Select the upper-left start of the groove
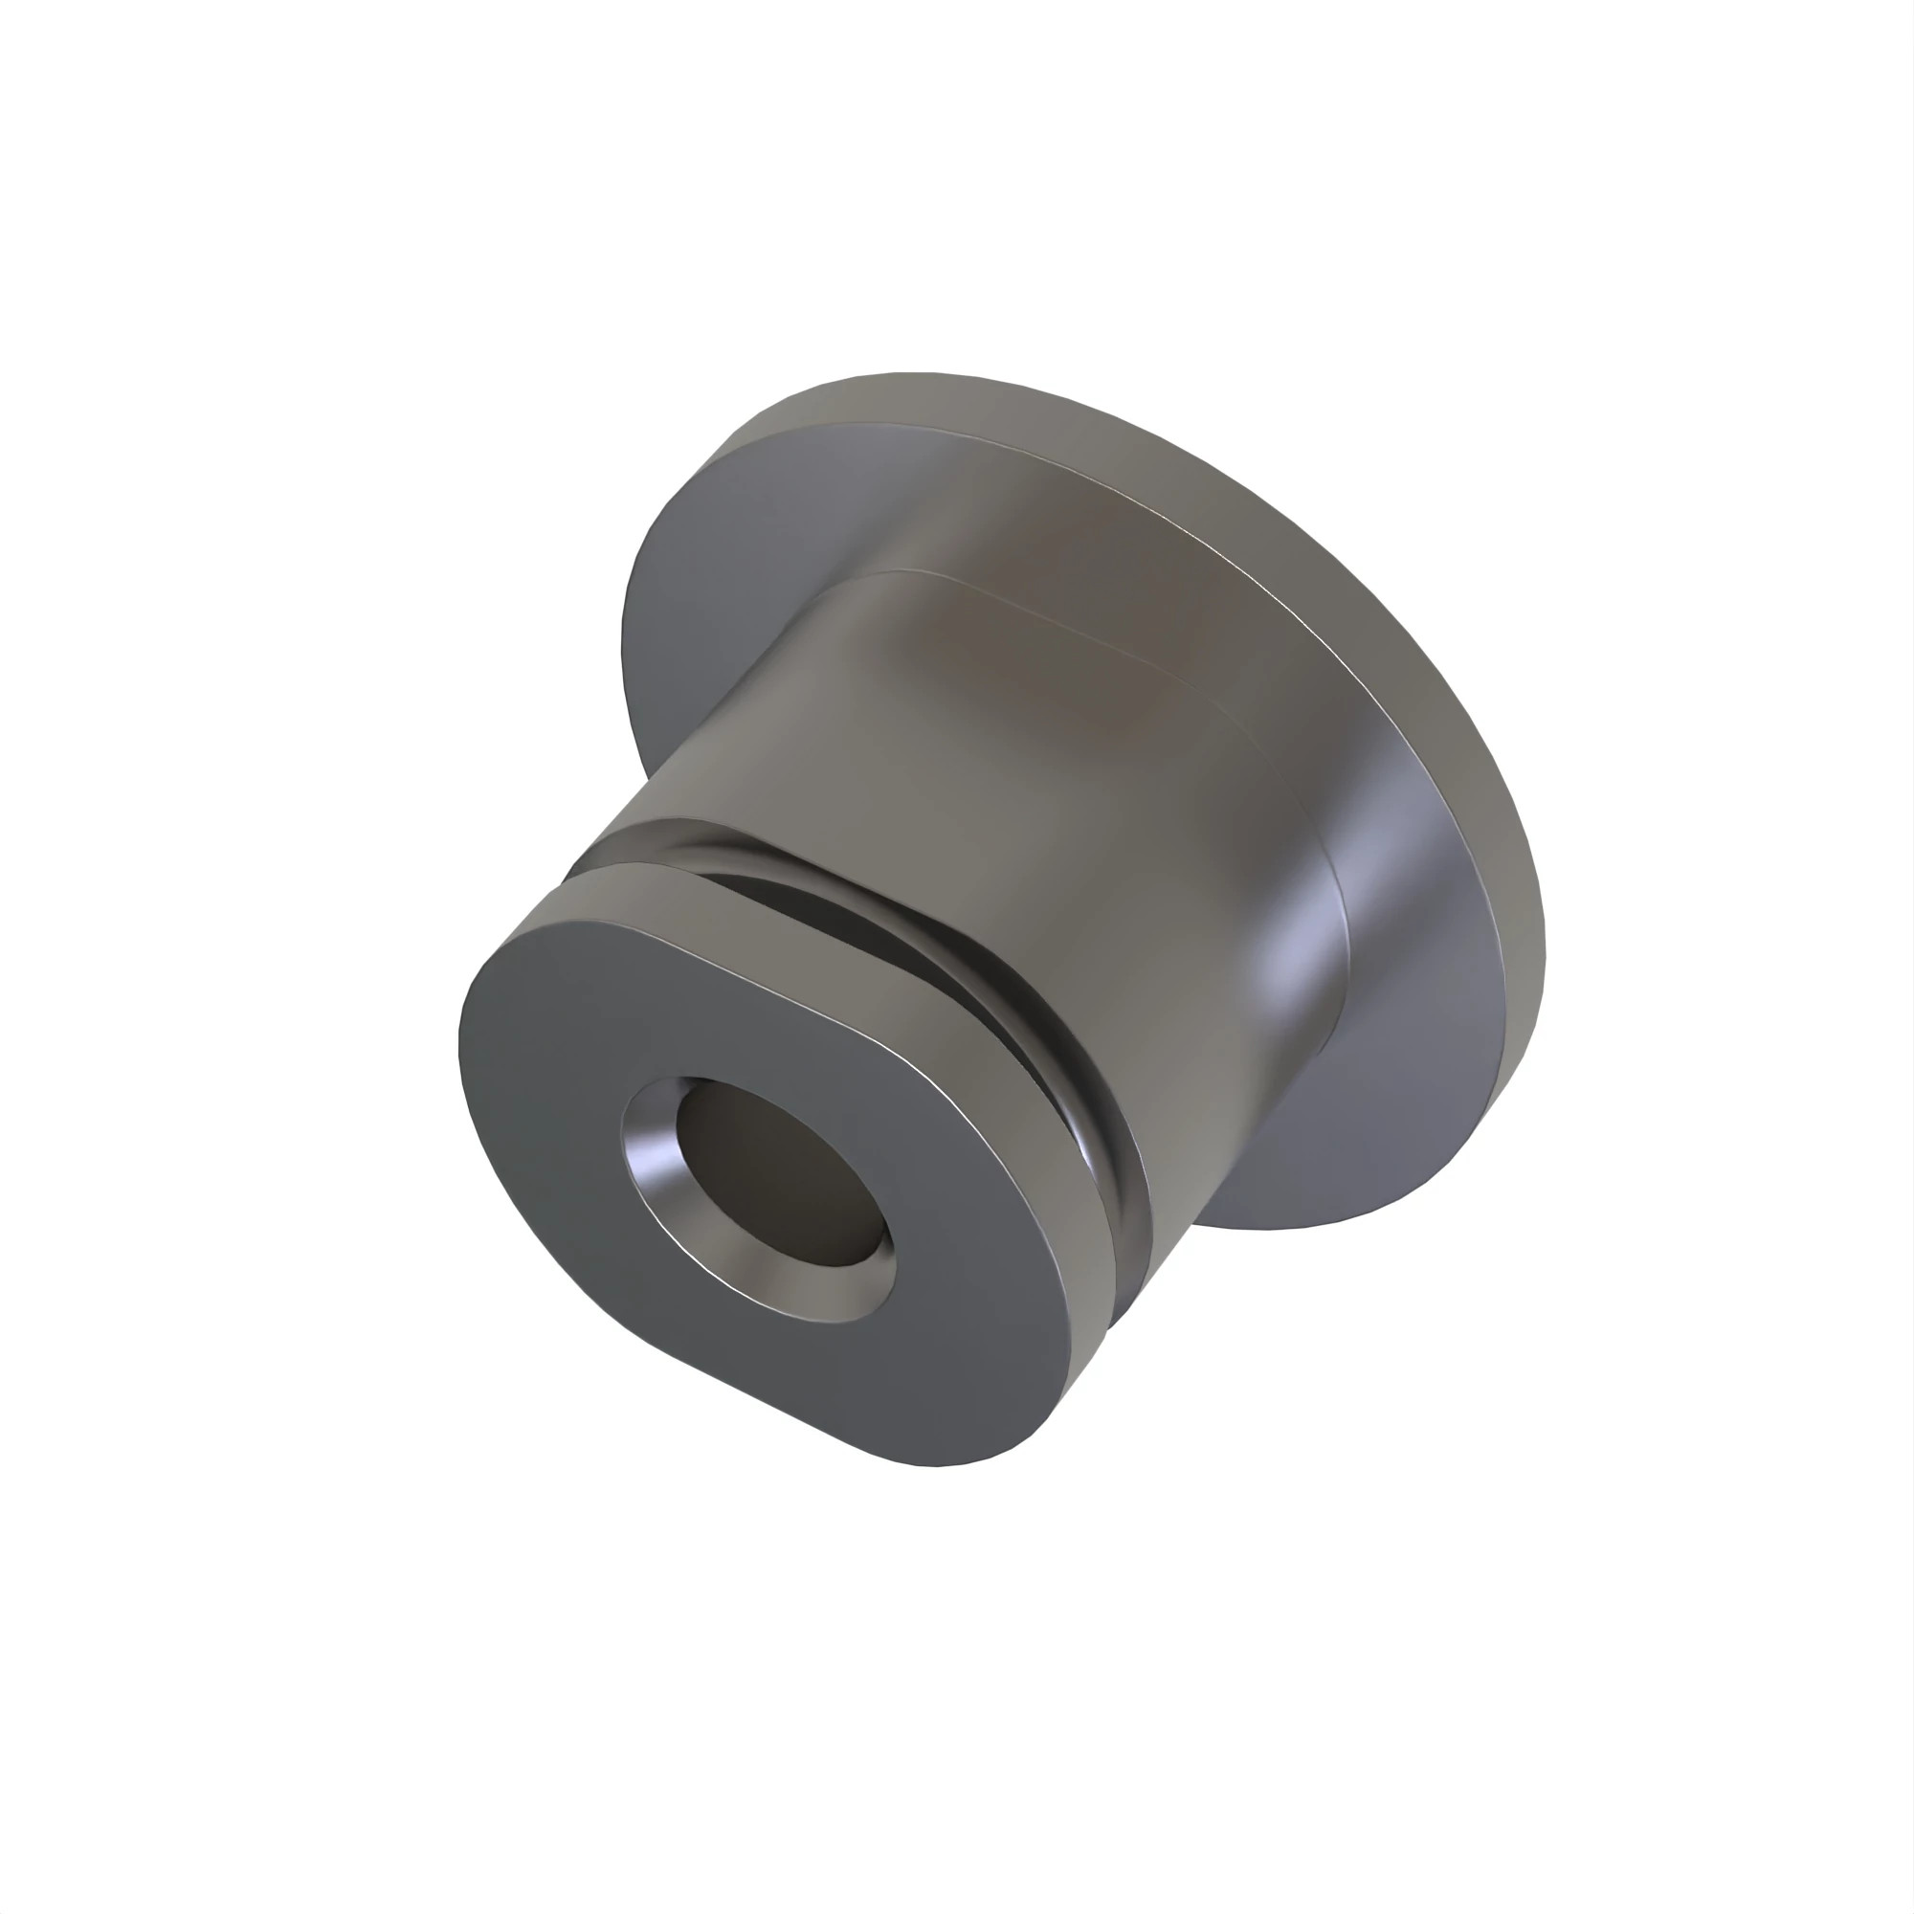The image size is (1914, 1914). (x=614, y=842)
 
